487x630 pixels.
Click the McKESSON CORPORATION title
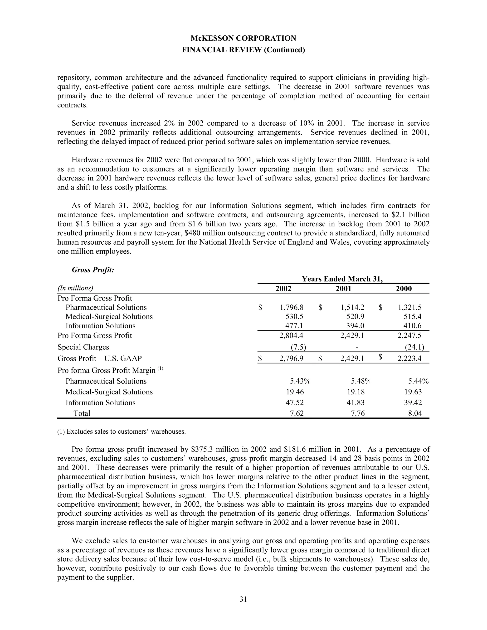pos(243,38)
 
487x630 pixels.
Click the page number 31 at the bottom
pos(243,599)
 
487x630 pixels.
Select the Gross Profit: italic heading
pos(93,270)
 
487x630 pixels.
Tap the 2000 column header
pos(404,289)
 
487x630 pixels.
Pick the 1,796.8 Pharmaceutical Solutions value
pos(291,307)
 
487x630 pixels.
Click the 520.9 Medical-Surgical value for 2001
pos(355,317)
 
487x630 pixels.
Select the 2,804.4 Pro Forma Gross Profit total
pos(291,335)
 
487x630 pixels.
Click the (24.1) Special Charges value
pos(414,347)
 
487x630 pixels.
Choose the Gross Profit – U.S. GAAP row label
pos(100,359)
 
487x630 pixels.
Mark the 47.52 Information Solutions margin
pos(295,403)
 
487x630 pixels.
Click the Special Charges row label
pos(83,347)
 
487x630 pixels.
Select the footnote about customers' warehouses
pos(122,432)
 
